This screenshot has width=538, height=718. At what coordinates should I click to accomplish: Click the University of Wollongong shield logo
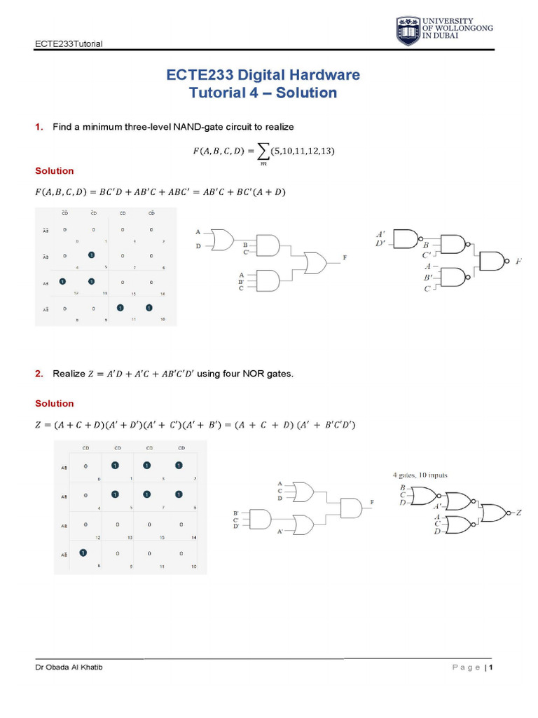coord(408,32)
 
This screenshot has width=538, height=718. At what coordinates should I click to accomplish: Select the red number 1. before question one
coord(39,127)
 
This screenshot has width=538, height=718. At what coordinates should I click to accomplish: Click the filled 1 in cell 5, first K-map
coord(90,255)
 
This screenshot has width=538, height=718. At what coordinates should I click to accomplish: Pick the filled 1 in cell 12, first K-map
coord(62,281)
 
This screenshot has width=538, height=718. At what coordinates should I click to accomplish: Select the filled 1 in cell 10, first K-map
coord(149,307)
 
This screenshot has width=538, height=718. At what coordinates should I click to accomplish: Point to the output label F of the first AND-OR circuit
coord(345,259)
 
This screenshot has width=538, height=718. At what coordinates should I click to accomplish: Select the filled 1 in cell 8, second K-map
coord(83,553)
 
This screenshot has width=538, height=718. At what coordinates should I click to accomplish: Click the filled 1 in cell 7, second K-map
coord(147,494)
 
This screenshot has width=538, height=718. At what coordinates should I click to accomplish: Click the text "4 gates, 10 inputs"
coord(420,475)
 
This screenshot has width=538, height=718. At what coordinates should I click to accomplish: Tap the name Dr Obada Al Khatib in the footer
coord(69,667)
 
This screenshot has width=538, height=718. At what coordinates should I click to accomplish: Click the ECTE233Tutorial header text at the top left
coord(69,43)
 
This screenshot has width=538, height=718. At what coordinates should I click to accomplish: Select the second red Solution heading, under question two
coord(54,403)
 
